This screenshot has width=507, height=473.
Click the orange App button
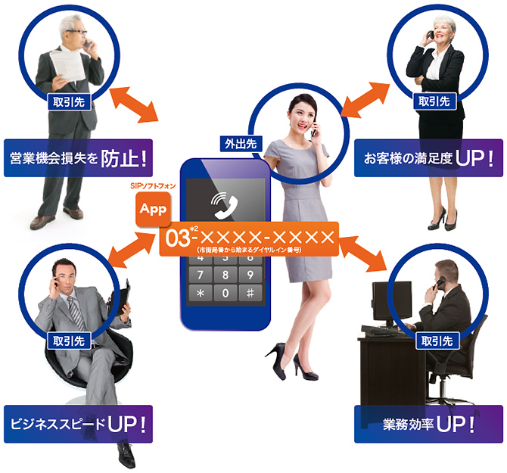(154, 209)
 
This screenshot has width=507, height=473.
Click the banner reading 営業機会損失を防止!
(78, 158)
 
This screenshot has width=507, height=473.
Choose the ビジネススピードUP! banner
(78, 424)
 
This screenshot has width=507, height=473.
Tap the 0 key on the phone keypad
(225, 293)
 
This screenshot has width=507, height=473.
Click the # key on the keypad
(249, 293)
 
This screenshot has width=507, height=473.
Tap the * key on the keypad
(200, 293)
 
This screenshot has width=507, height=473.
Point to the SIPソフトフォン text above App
(152, 185)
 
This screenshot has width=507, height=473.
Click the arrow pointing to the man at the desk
(369, 254)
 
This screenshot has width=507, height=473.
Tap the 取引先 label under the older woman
(434, 100)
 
